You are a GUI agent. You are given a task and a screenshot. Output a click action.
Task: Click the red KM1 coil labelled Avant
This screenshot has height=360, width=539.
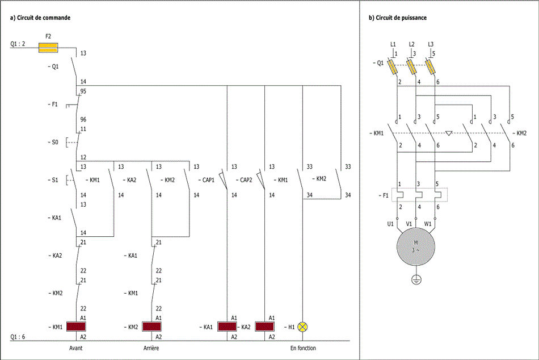click(76, 326)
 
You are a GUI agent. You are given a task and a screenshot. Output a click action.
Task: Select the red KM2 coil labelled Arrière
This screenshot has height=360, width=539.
click(151, 326)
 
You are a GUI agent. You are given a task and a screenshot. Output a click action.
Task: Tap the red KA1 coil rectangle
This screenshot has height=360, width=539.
click(227, 326)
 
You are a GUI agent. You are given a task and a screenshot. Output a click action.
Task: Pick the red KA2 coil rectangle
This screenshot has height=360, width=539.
click(264, 326)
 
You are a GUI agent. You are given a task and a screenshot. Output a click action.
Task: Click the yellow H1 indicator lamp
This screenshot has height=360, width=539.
click(302, 326)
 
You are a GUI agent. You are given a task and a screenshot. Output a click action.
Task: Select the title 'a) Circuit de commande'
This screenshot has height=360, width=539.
click(40, 18)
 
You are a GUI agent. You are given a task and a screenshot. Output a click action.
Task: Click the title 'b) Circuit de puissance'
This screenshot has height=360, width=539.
click(398, 18)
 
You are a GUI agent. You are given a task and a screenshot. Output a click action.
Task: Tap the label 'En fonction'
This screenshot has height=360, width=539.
click(303, 348)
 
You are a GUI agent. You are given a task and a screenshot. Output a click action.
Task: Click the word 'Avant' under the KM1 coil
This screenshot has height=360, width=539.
click(76, 348)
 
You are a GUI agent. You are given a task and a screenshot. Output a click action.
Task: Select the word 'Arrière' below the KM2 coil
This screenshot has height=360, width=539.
click(151, 348)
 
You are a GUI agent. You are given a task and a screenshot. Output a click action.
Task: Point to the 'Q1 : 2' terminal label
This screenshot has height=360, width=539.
click(18, 44)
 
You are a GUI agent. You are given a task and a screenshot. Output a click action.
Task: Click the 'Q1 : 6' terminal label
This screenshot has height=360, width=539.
click(18, 337)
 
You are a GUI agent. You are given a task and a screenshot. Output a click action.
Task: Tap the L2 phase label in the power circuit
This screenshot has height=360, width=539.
click(412, 44)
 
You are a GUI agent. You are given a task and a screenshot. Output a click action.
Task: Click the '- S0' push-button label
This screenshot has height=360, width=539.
click(53, 142)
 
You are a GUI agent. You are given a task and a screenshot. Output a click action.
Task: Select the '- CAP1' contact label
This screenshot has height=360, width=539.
click(207, 180)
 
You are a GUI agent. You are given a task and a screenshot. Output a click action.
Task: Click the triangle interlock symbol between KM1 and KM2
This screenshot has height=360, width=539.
click(449, 134)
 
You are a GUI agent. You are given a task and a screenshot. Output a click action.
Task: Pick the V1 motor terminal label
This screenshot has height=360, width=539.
click(409, 224)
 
